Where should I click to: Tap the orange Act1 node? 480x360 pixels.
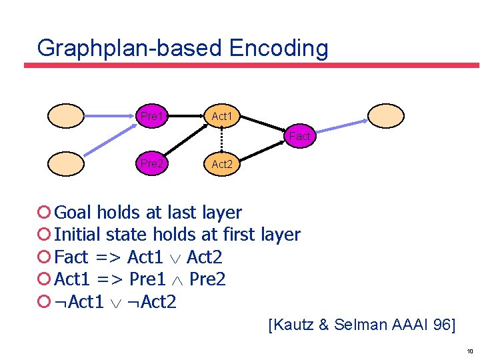point(222,117)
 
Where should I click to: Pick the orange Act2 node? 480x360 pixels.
point(222,163)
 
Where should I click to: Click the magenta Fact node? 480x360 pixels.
point(299,137)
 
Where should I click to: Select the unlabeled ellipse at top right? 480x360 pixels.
point(386,115)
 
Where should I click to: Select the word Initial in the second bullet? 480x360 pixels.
point(78,235)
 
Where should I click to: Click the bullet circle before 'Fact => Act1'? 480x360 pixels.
point(45,257)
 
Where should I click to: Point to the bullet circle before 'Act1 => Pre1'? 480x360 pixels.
point(45,279)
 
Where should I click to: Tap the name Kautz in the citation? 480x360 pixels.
point(294,325)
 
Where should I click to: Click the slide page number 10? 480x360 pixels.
point(470,351)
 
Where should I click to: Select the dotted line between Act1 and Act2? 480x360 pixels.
point(221,140)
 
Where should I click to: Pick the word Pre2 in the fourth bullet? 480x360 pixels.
point(207,279)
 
